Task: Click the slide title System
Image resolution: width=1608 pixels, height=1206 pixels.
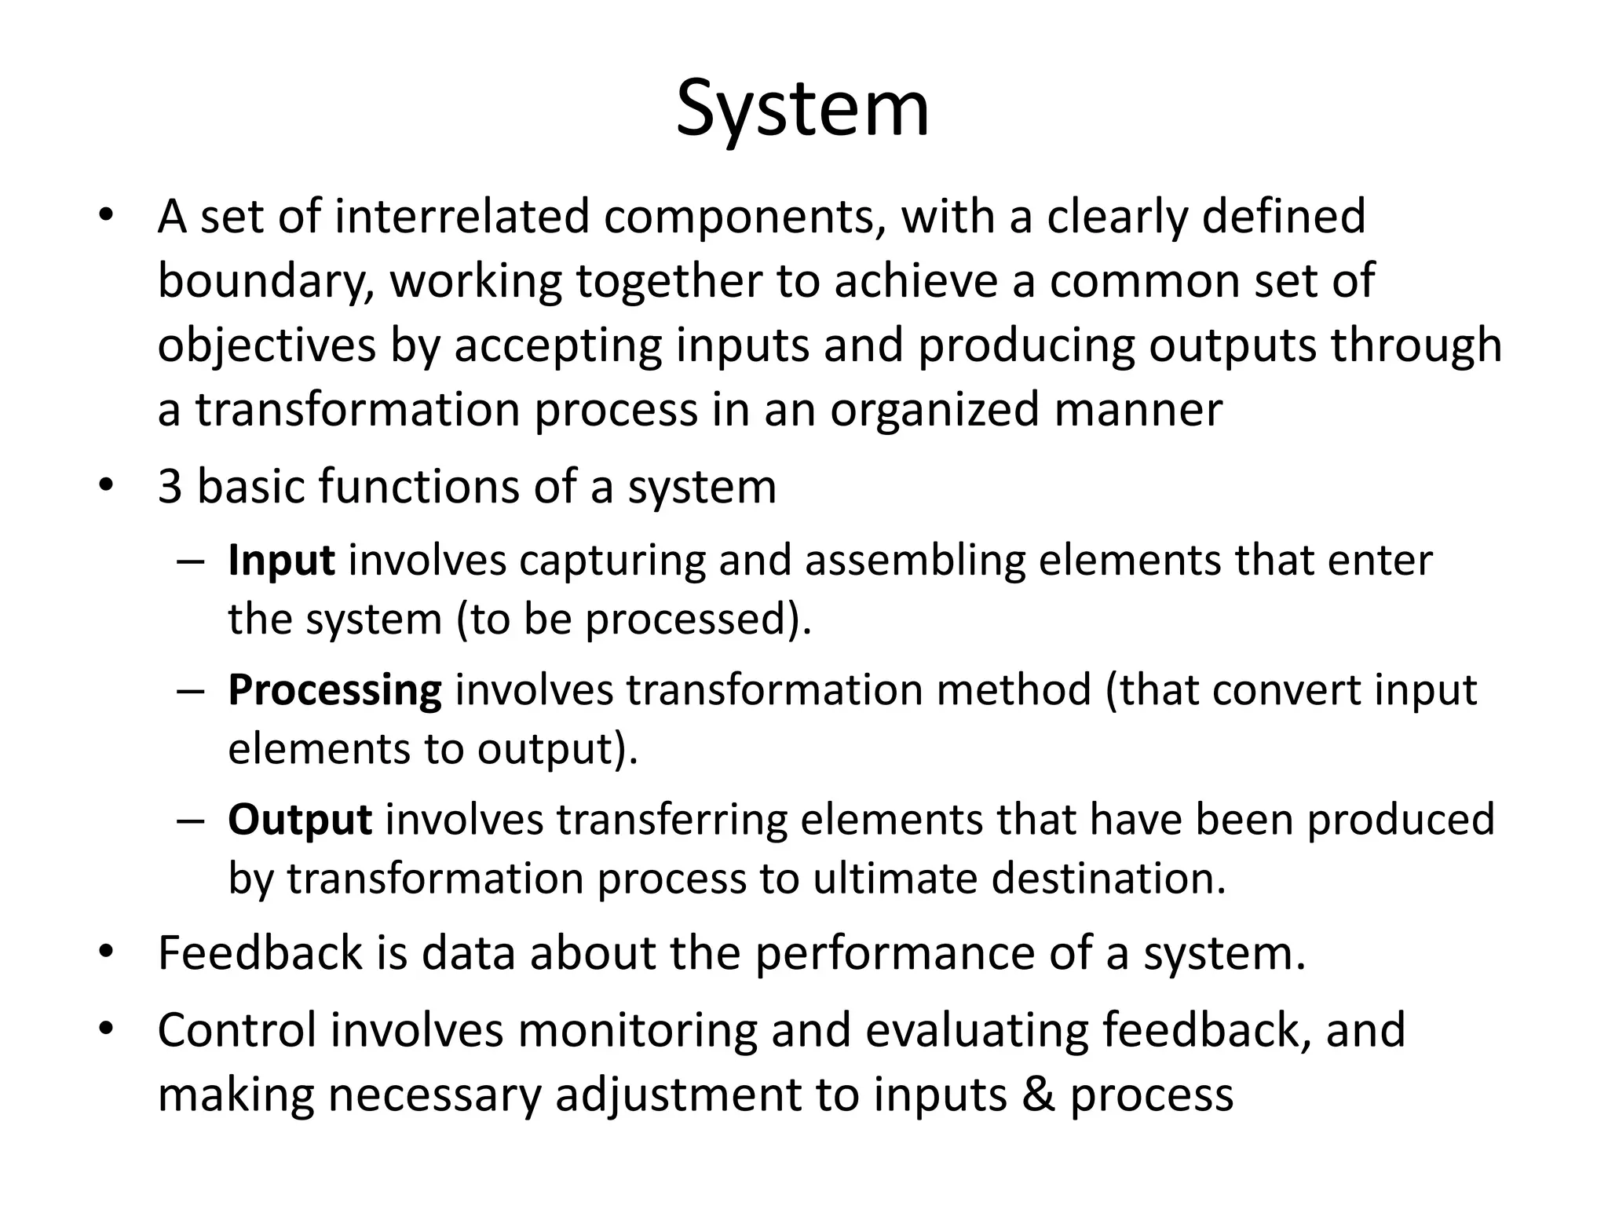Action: coord(802,110)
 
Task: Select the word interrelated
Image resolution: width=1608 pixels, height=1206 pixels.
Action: coord(462,217)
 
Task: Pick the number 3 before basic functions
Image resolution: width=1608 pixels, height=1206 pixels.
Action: coord(170,487)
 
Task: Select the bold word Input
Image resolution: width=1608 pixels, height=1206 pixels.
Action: coord(281,561)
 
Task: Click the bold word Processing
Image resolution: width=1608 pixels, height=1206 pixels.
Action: coord(334,691)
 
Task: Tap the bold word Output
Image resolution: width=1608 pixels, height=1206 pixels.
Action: coord(300,820)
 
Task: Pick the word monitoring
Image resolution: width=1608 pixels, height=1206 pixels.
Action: coord(637,1032)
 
